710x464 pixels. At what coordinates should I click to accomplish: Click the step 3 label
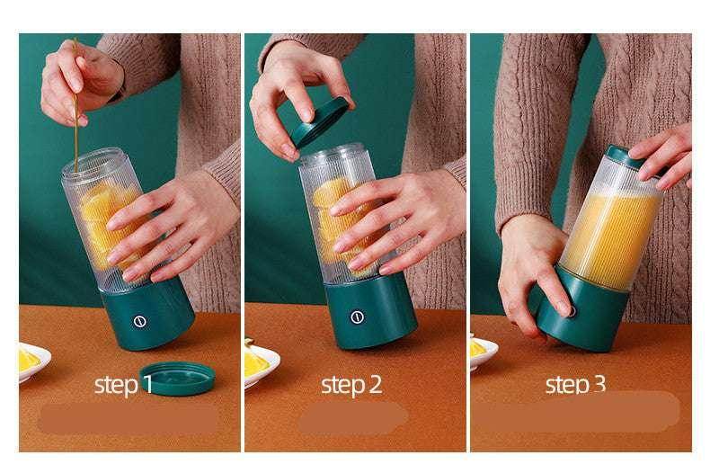pyautogui.click(x=574, y=385)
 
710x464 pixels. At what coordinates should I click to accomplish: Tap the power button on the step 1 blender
pyautogui.click(x=139, y=321)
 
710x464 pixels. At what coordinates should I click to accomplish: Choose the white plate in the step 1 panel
pyautogui.click(x=32, y=365)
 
